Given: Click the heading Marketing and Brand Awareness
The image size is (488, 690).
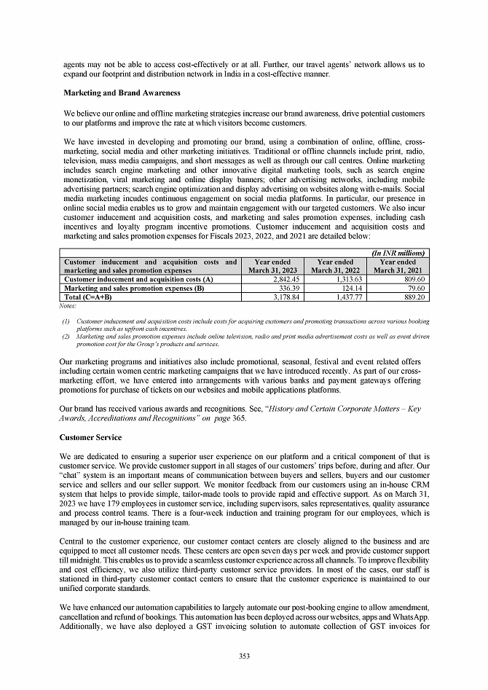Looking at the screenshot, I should click(x=122, y=93).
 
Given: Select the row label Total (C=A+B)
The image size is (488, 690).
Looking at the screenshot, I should click(x=89, y=296).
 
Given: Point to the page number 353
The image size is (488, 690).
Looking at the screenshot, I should click(x=244, y=656).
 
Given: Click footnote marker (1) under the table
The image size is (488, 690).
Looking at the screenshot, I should click(x=67, y=321).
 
